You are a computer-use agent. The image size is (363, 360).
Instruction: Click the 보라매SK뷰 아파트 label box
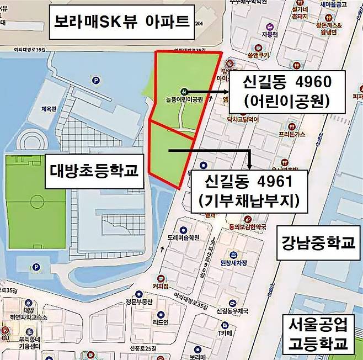coord(121,22)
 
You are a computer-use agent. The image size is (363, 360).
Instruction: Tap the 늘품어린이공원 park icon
coord(183,91)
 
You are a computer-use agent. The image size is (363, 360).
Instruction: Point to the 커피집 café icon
coord(162,279)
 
